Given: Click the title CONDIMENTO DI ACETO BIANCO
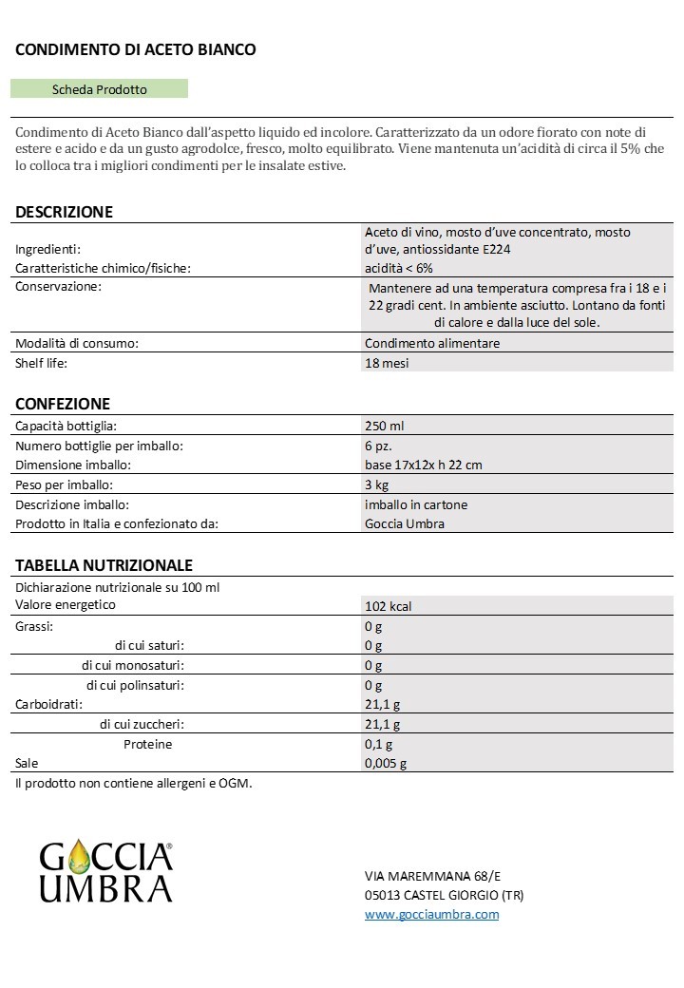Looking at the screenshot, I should click(x=135, y=49).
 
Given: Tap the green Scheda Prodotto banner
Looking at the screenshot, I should click(x=99, y=89).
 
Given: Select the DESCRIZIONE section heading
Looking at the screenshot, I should click(x=64, y=212).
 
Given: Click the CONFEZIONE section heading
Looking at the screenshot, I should click(x=63, y=404).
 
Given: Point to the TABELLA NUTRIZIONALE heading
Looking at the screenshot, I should click(x=104, y=565).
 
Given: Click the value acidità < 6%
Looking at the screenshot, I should click(x=398, y=268).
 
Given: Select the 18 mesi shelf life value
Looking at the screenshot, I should click(x=387, y=363).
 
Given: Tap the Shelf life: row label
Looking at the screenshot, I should click(x=42, y=363).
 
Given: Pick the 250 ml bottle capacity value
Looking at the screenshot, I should click(x=385, y=426).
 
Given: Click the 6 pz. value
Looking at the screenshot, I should click(x=378, y=446).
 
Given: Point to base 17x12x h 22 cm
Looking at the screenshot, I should click(x=424, y=465).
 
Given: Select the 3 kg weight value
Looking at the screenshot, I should click(x=375, y=484).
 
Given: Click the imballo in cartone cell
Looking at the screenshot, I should click(x=416, y=504).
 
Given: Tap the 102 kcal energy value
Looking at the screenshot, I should click(x=388, y=606).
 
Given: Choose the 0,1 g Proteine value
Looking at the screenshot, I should click(x=378, y=744).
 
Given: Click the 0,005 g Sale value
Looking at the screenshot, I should click(x=386, y=763).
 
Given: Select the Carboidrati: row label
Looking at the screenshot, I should click(x=47, y=704).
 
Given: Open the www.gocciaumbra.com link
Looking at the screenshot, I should click(x=431, y=914).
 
